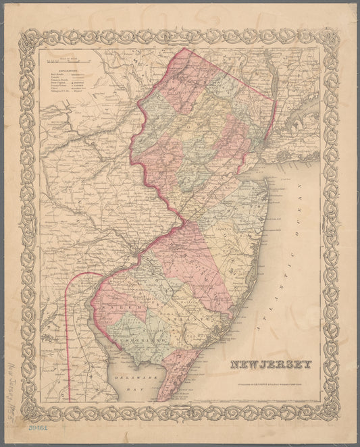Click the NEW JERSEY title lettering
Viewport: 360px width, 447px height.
tap(271, 365)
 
